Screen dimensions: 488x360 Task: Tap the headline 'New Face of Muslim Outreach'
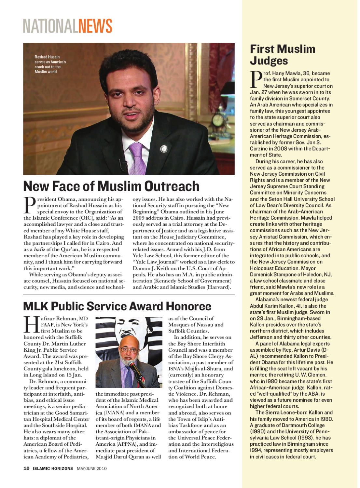111,186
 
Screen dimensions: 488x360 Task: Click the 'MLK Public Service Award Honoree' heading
117,306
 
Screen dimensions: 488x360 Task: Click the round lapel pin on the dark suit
164,149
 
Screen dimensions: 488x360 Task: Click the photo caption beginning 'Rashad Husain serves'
50,64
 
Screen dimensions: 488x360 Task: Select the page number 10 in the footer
26,469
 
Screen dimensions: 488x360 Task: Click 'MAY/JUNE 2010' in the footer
92,469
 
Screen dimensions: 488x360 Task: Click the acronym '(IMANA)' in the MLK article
105,413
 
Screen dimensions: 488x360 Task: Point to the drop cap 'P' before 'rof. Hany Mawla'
256,79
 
